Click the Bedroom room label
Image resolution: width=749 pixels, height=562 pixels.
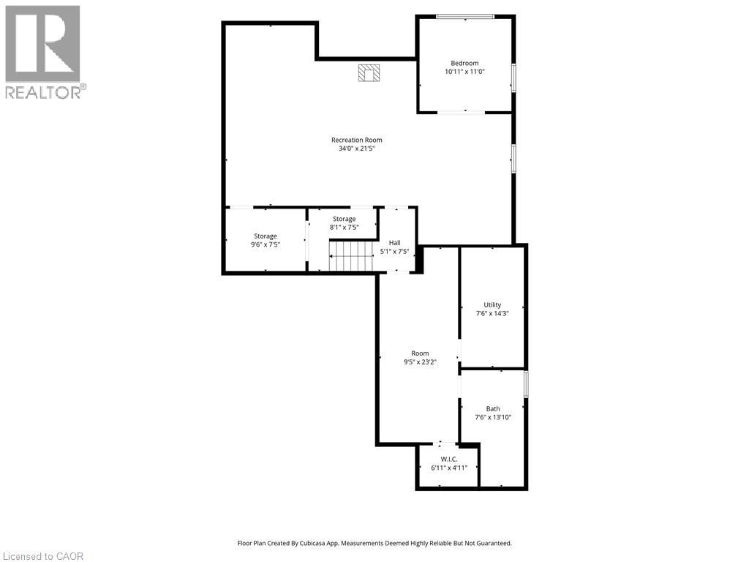click(x=464, y=63)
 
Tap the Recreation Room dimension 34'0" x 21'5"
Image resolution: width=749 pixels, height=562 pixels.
click(x=357, y=149)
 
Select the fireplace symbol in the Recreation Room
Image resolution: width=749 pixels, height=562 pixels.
click(x=369, y=72)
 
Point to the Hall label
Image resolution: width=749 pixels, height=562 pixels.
click(x=395, y=242)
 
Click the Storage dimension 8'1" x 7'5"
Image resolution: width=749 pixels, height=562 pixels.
click(x=344, y=228)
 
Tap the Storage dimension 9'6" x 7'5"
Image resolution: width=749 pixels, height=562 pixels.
click(x=266, y=244)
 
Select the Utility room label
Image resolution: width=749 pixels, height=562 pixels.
click(x=492, y=304)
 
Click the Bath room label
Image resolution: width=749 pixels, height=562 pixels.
click(x=493, y=408)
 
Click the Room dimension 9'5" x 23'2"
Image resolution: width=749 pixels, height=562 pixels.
click(x=421, y=361)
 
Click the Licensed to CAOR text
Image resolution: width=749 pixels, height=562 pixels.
click(x=42, y=556)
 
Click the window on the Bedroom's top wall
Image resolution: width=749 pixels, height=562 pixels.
click(x=465, y=17)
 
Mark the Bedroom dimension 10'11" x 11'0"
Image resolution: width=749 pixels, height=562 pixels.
click(x=465, y=72)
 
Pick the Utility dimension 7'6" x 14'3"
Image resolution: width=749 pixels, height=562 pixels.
click(x=492, y=313)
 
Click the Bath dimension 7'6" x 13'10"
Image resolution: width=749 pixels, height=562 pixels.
click(x=493, y=417)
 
